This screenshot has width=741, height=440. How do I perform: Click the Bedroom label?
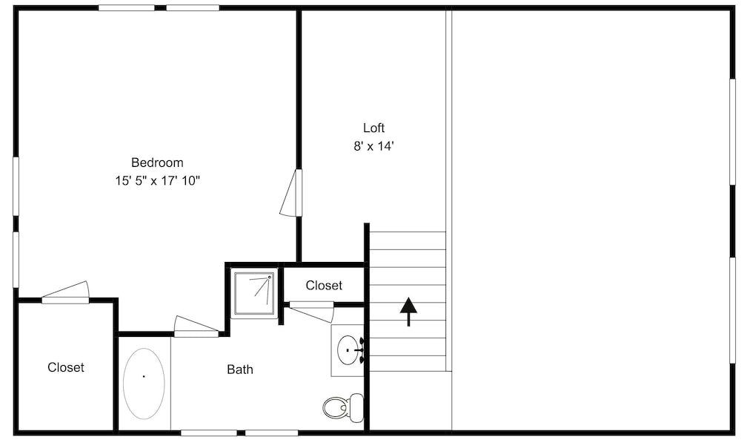point(157,162)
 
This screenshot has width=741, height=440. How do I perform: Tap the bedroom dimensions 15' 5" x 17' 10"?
point(158,181)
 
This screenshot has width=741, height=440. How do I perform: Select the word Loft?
point(373,128)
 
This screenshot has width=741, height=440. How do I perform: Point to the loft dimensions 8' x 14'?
point(373,146)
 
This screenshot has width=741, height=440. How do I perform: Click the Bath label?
point(240,370)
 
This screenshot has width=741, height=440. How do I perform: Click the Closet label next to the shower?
point(324,285)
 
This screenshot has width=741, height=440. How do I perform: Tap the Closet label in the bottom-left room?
point(66,367)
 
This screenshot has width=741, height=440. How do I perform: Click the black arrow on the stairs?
point(408,312)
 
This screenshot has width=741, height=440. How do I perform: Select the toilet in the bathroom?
point(344,407)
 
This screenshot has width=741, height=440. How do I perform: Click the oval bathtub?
point(144,384)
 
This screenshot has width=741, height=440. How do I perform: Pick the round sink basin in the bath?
point(348,350)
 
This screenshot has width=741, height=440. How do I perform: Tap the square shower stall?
point(254,293)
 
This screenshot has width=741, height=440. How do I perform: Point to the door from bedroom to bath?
point(196,327)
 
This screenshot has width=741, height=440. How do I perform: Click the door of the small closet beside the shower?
point(312,312)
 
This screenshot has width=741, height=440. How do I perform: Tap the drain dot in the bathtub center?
point(144,377)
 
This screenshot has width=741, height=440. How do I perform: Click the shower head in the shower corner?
point(270,277)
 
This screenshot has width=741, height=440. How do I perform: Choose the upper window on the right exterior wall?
point(733,131)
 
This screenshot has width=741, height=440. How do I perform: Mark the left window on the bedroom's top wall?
point(127,7)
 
